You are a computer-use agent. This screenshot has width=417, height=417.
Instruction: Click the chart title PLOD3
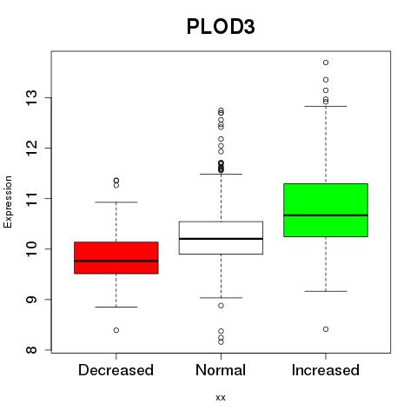coord(221,27)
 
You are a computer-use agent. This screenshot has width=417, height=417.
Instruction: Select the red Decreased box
coord(116,258)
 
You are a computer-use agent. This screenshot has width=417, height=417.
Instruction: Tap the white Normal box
coord(221,238)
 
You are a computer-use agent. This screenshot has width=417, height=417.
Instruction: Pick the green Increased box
coord(326,210)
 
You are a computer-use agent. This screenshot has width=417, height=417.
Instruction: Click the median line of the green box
coord(326,215)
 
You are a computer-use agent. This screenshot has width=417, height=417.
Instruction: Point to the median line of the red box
coord(116,261)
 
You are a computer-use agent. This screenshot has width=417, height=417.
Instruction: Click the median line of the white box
coord(221,239)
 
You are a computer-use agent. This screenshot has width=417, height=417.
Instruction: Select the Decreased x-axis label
coord(116,370)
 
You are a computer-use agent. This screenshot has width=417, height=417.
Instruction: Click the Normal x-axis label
coord(221,370)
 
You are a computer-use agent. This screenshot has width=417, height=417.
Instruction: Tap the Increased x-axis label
coord(326,370)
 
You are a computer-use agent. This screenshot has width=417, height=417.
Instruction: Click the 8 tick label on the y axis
coord(31,350)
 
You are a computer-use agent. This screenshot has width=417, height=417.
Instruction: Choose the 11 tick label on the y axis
coord(31,198)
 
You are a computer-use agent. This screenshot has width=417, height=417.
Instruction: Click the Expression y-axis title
coord(8,202)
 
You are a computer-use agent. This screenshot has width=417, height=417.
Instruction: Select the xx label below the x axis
coord(221,397)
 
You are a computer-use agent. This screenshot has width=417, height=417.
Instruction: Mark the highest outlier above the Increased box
coord(326,63)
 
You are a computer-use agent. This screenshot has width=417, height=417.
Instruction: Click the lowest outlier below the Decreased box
coord(116,330)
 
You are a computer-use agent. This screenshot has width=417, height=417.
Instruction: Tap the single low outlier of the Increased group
coord(326,329)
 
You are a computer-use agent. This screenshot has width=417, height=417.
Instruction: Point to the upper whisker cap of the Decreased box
coord(116,202)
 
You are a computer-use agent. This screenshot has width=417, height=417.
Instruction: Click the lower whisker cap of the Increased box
coord(326,291)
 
